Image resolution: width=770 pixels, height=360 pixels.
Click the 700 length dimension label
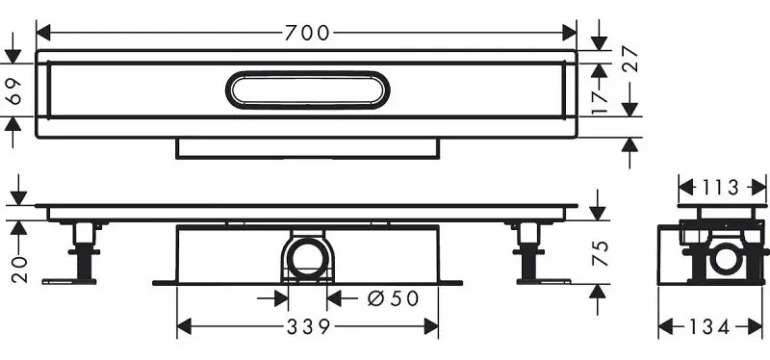pos(307,33)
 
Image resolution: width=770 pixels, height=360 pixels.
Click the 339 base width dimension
pos(307,327)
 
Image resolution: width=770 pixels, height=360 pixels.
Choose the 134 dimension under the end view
pos(714,327)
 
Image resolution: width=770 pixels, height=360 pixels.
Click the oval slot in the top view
pos(308,90)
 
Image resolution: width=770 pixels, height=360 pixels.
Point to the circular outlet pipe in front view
pos(307,258)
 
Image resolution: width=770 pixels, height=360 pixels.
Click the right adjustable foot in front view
pos(527,252)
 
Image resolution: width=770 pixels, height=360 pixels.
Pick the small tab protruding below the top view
pos(307,147)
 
